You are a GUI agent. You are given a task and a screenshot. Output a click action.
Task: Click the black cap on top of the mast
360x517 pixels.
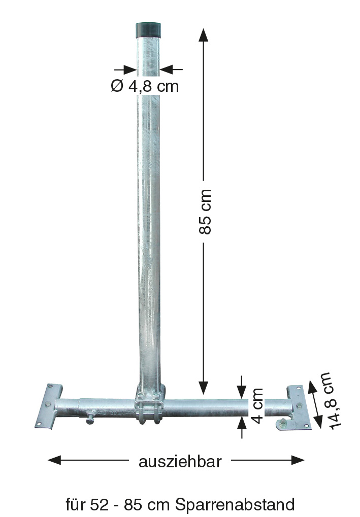pos(148,29)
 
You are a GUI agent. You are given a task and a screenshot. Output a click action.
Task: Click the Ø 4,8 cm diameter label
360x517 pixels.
pos(145,86)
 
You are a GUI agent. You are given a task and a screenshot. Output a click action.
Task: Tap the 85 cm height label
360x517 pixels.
pos(205,212)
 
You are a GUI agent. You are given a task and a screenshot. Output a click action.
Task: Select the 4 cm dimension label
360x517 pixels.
pos(257,406)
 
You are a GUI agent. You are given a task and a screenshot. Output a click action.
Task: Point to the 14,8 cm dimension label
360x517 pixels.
pos(330,400)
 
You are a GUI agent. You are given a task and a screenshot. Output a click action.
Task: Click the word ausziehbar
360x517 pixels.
pos(180,462)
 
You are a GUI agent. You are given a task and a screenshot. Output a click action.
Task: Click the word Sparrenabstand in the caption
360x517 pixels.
pos(235,504)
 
